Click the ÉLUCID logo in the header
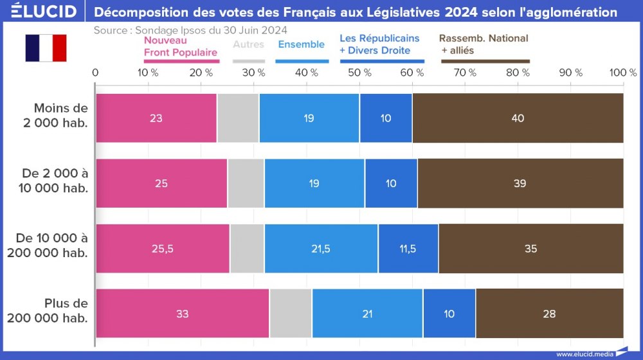point(44,12)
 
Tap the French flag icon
point(46,48)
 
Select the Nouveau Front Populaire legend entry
point(181,46)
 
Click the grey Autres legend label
point(248,44)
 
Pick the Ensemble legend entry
point(301,44)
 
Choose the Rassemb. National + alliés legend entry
point(484,44)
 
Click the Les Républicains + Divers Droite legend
point(379,44)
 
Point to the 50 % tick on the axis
point(359,73)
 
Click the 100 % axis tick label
point(622,73)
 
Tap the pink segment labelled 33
point(182,314)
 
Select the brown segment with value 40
point(518,118)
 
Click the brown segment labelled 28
point(549,314)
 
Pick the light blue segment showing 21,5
point(321,248)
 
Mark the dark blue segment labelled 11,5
point(408,248)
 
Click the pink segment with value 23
point(156,118)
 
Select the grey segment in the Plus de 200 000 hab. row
point(291,314)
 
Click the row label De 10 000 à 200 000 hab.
point(49,246)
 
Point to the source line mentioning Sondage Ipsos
point(190,30)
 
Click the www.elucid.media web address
point(584,354)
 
